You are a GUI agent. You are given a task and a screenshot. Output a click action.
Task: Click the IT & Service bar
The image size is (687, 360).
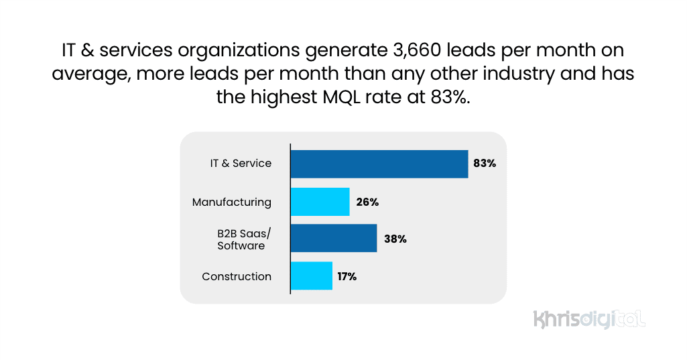point(379,164)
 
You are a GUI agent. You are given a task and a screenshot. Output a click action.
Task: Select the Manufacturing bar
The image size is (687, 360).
point(320,202)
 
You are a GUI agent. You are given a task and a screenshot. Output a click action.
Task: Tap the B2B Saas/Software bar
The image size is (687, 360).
point(333,239)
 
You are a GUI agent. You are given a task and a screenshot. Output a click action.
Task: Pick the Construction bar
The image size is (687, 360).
point(311,276)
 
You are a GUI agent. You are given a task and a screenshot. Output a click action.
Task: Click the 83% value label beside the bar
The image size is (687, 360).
point(484,164)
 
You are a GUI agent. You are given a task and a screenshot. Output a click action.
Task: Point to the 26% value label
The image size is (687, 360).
point(367,202)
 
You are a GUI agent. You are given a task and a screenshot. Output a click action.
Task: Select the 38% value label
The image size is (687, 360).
point(395,239)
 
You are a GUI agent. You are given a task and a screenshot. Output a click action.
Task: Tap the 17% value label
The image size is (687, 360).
point(347,276)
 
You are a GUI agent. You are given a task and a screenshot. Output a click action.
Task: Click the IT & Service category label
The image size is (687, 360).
point(241,164)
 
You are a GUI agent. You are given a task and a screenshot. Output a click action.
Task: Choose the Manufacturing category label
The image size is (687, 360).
point(232,202)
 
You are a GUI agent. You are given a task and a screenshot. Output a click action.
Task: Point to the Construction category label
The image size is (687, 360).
point(237,276)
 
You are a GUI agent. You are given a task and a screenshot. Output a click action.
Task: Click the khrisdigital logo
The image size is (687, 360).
point(589,319)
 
